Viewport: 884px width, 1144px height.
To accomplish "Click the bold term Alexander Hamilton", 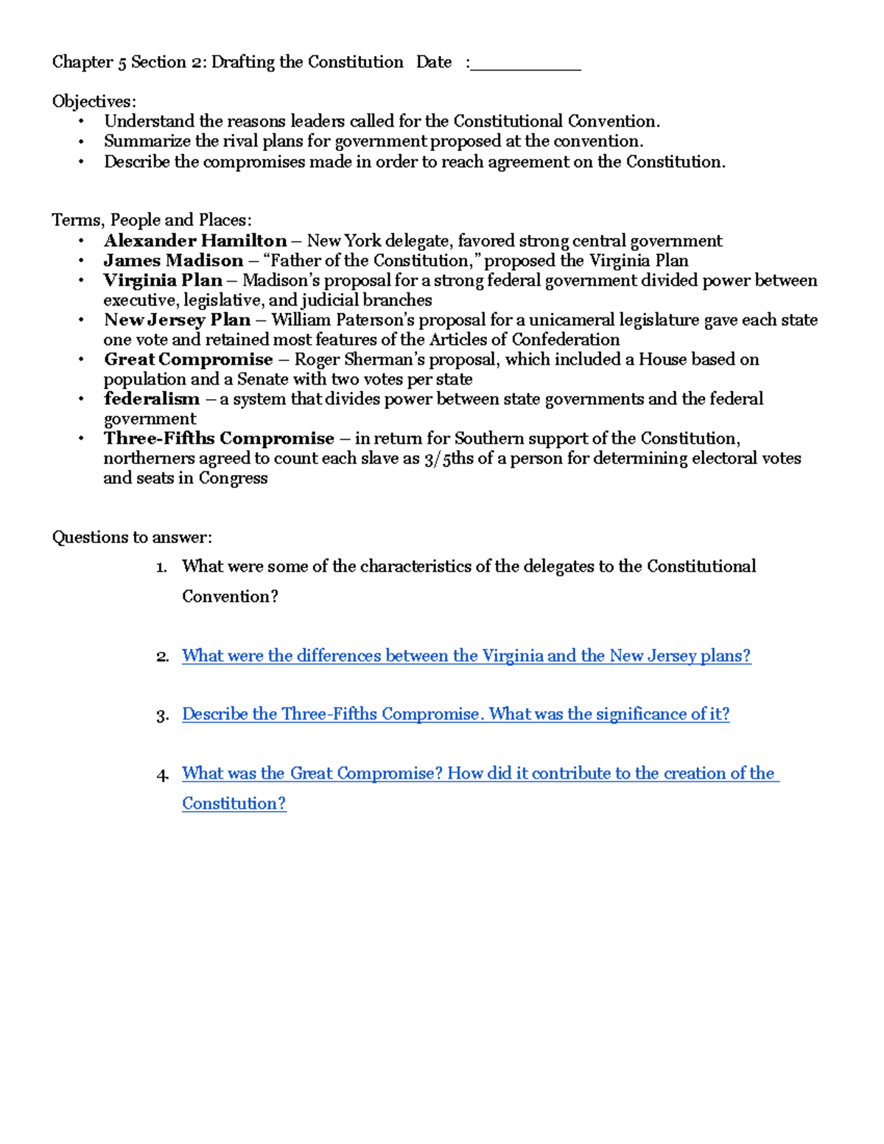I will pos(195,241).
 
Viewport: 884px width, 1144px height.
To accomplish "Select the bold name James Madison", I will pos(173,261).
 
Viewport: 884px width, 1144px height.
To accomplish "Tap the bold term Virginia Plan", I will pos(163,281).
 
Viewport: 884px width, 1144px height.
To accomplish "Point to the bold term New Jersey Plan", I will pos(177,320).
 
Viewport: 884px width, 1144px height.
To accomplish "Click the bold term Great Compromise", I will pos(189,359).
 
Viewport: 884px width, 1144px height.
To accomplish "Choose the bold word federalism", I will pos(152,399).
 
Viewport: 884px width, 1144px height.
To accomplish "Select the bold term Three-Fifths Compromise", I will pos(219,439).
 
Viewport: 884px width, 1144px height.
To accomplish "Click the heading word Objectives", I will pos(94,102).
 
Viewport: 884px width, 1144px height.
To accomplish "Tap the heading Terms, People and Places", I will pos(152,220).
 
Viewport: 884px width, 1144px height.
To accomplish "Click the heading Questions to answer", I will pos(132,538).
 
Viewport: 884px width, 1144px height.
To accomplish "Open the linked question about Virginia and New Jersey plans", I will pos(466,656).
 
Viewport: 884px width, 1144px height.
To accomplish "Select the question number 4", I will pos(162,775).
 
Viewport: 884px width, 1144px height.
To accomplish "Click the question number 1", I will pos(162,567).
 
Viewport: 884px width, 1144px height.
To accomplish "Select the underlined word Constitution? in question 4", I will pos(234,804).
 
